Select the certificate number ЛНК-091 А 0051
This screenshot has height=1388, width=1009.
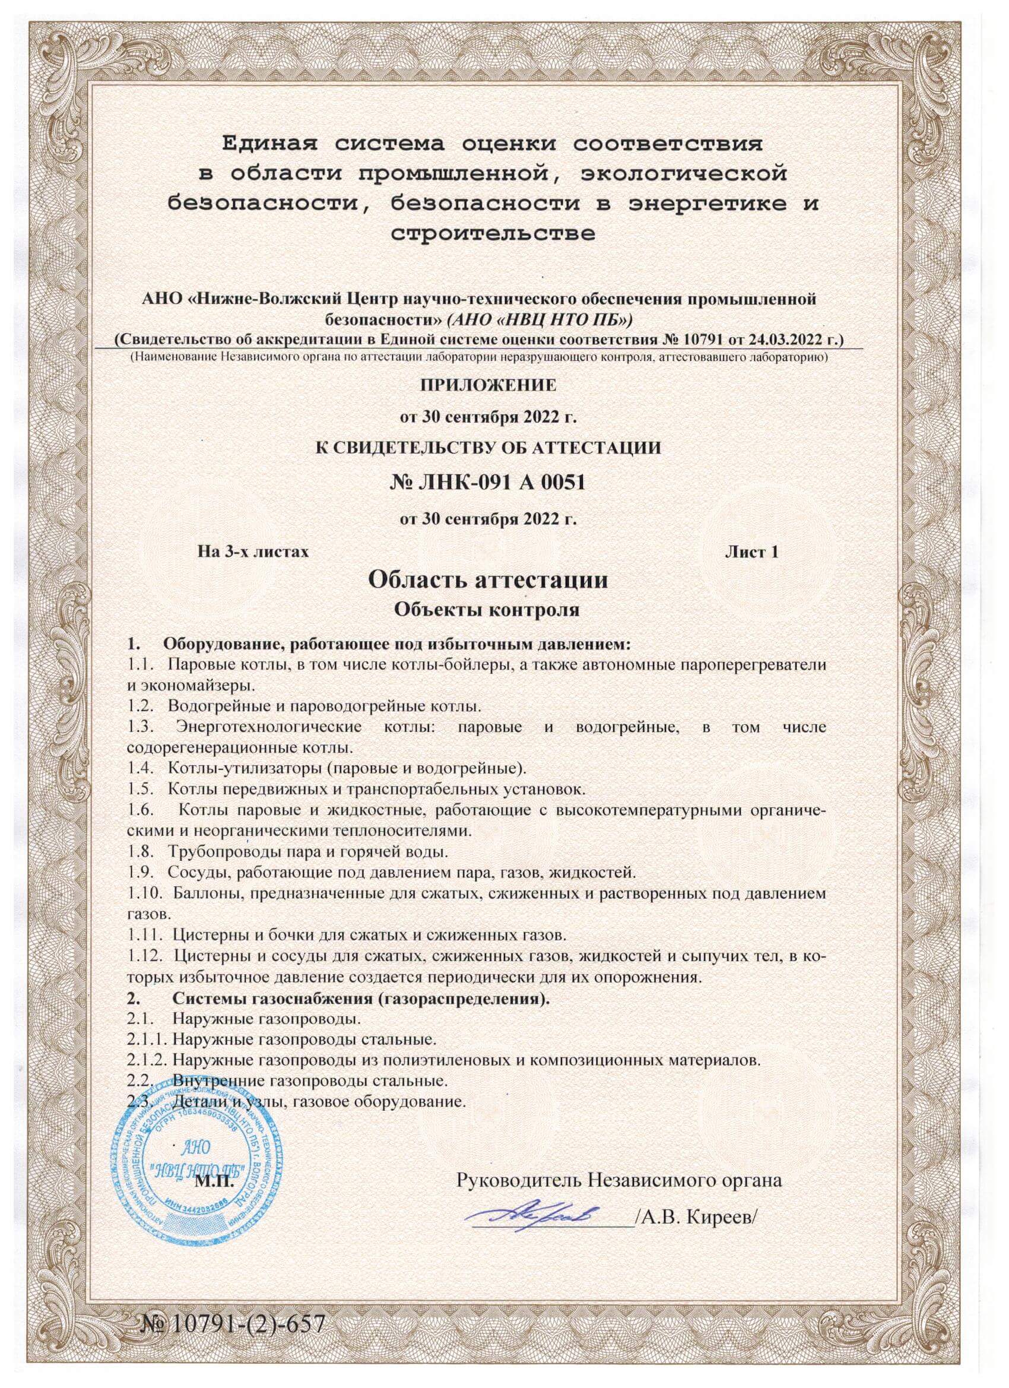[x=487, y=483]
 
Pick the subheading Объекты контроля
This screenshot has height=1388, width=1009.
[x=487, y=610]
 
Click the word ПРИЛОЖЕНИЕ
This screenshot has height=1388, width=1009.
[x=488, y=385]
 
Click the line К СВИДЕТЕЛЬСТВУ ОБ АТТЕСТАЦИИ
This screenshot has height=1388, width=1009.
[x=488, y=448]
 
